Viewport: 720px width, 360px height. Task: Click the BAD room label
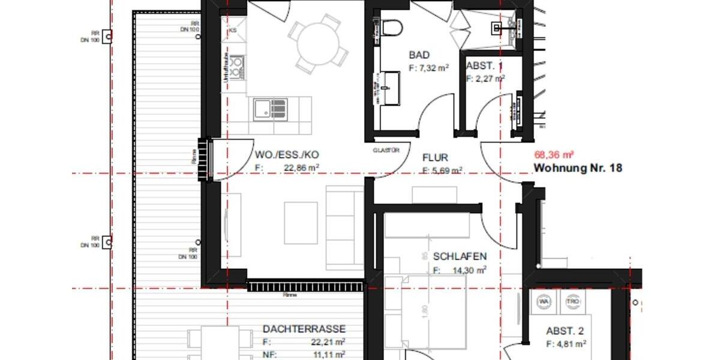click(x=419, y=55)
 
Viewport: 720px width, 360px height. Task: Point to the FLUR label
click(x=435, y=158)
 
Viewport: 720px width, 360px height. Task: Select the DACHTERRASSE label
click(x=304, y=329)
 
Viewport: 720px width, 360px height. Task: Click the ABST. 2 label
click(x=565, y=331)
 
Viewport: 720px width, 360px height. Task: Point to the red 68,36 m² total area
click(x=551, y=155)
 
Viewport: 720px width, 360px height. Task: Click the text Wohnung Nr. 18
click(x=577, y=169)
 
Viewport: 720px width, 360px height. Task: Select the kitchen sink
click(x=270, y=109)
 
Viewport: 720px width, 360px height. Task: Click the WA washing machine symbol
click(x=544, y=302)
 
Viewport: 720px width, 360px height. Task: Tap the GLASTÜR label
click(x=386, y=151)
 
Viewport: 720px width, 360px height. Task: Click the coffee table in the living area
click(x=301, y=223)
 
